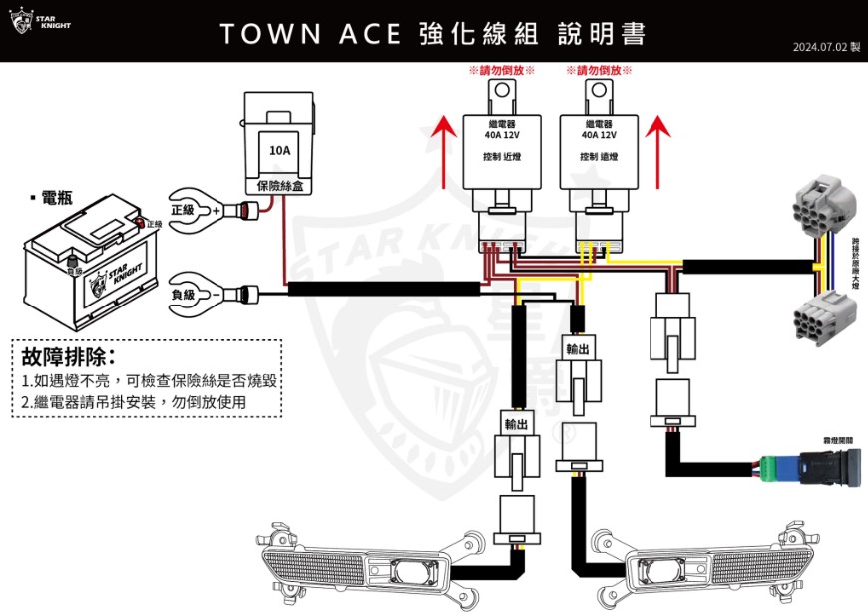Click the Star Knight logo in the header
coord(41,21)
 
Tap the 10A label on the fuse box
coord(279,151)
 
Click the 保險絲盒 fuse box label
coord(279,185)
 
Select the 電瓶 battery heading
coord(50,198)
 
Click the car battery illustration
coord(92,263)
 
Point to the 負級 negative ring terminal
coord(196,294)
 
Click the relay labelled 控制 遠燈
coord(599,150)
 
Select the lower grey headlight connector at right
coord(822,318)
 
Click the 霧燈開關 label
coord(836,439)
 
